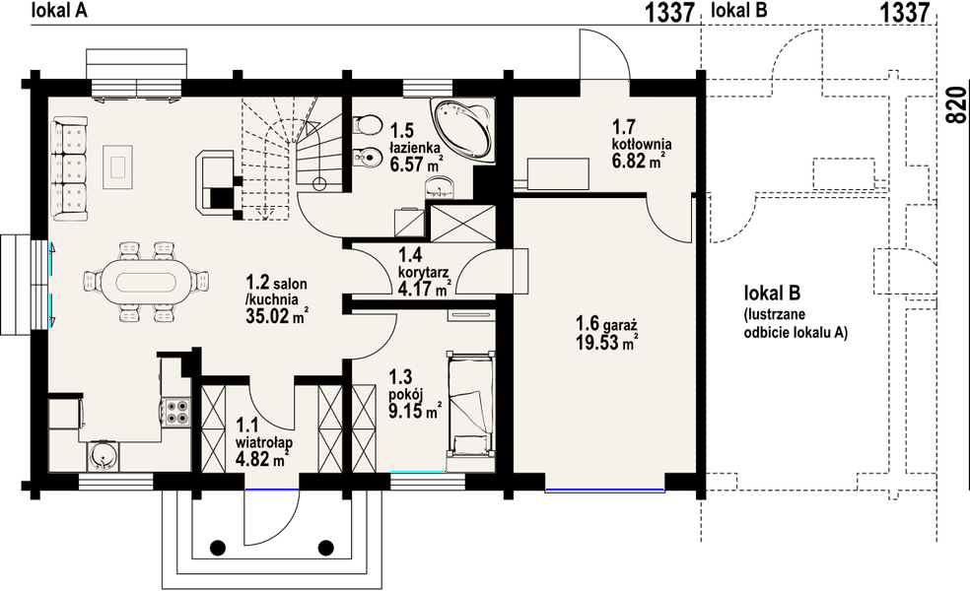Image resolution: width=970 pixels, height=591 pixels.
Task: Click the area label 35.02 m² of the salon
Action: click(x=277, y=316)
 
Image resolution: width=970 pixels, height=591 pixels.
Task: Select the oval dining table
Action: click(x=146, y=282)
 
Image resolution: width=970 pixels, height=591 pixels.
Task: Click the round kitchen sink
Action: click(x=102, y=456)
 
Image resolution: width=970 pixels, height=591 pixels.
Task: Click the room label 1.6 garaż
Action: click(x=606, y=323)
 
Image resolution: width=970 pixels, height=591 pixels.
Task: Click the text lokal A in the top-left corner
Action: click(x=59, y=11)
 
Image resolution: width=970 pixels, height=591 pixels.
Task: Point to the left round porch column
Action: click(x=217, y=547)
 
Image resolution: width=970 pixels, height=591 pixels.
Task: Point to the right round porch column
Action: click(x=325, y=547)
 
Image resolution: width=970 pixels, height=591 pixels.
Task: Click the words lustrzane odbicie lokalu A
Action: click(x=795, y=323)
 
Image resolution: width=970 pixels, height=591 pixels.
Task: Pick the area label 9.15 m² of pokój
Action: click(x=414, y=411)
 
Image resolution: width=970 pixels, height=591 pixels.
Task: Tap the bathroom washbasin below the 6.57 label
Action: click(x=440, y=187)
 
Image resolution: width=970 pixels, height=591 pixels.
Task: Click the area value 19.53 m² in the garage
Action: click(x=606, y=342)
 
